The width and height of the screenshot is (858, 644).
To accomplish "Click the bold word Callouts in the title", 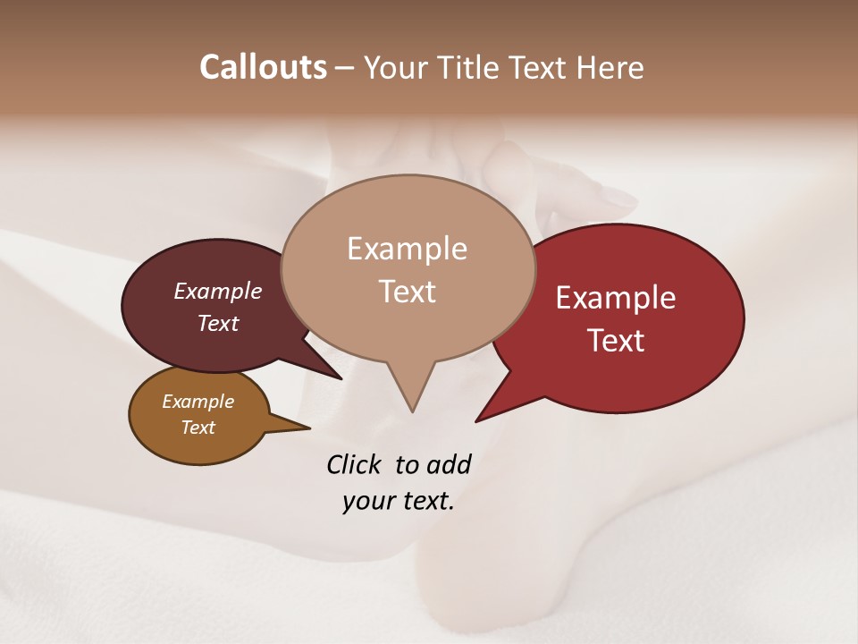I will (263, 67).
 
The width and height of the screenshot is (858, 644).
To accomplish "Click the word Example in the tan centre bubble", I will (407, 249).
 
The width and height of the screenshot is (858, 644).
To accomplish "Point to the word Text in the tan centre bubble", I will (407, 292).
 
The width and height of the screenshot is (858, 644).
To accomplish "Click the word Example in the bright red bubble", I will (616, 298).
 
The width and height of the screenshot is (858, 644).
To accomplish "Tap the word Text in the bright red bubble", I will (616, 341).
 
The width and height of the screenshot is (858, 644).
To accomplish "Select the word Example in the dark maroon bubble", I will (218, 291).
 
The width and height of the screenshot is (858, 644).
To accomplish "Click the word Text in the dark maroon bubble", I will (218, 323).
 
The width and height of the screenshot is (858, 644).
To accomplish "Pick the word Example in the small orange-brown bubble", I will (198, 402).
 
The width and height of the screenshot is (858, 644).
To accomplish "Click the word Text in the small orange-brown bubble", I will (198, 428).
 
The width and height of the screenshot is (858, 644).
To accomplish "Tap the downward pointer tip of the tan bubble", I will (412, 409).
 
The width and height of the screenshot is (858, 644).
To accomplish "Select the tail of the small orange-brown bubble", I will (304, 428).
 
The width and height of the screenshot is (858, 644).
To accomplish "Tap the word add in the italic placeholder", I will (449, 464).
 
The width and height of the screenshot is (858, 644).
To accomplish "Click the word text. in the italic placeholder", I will (425, 501).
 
